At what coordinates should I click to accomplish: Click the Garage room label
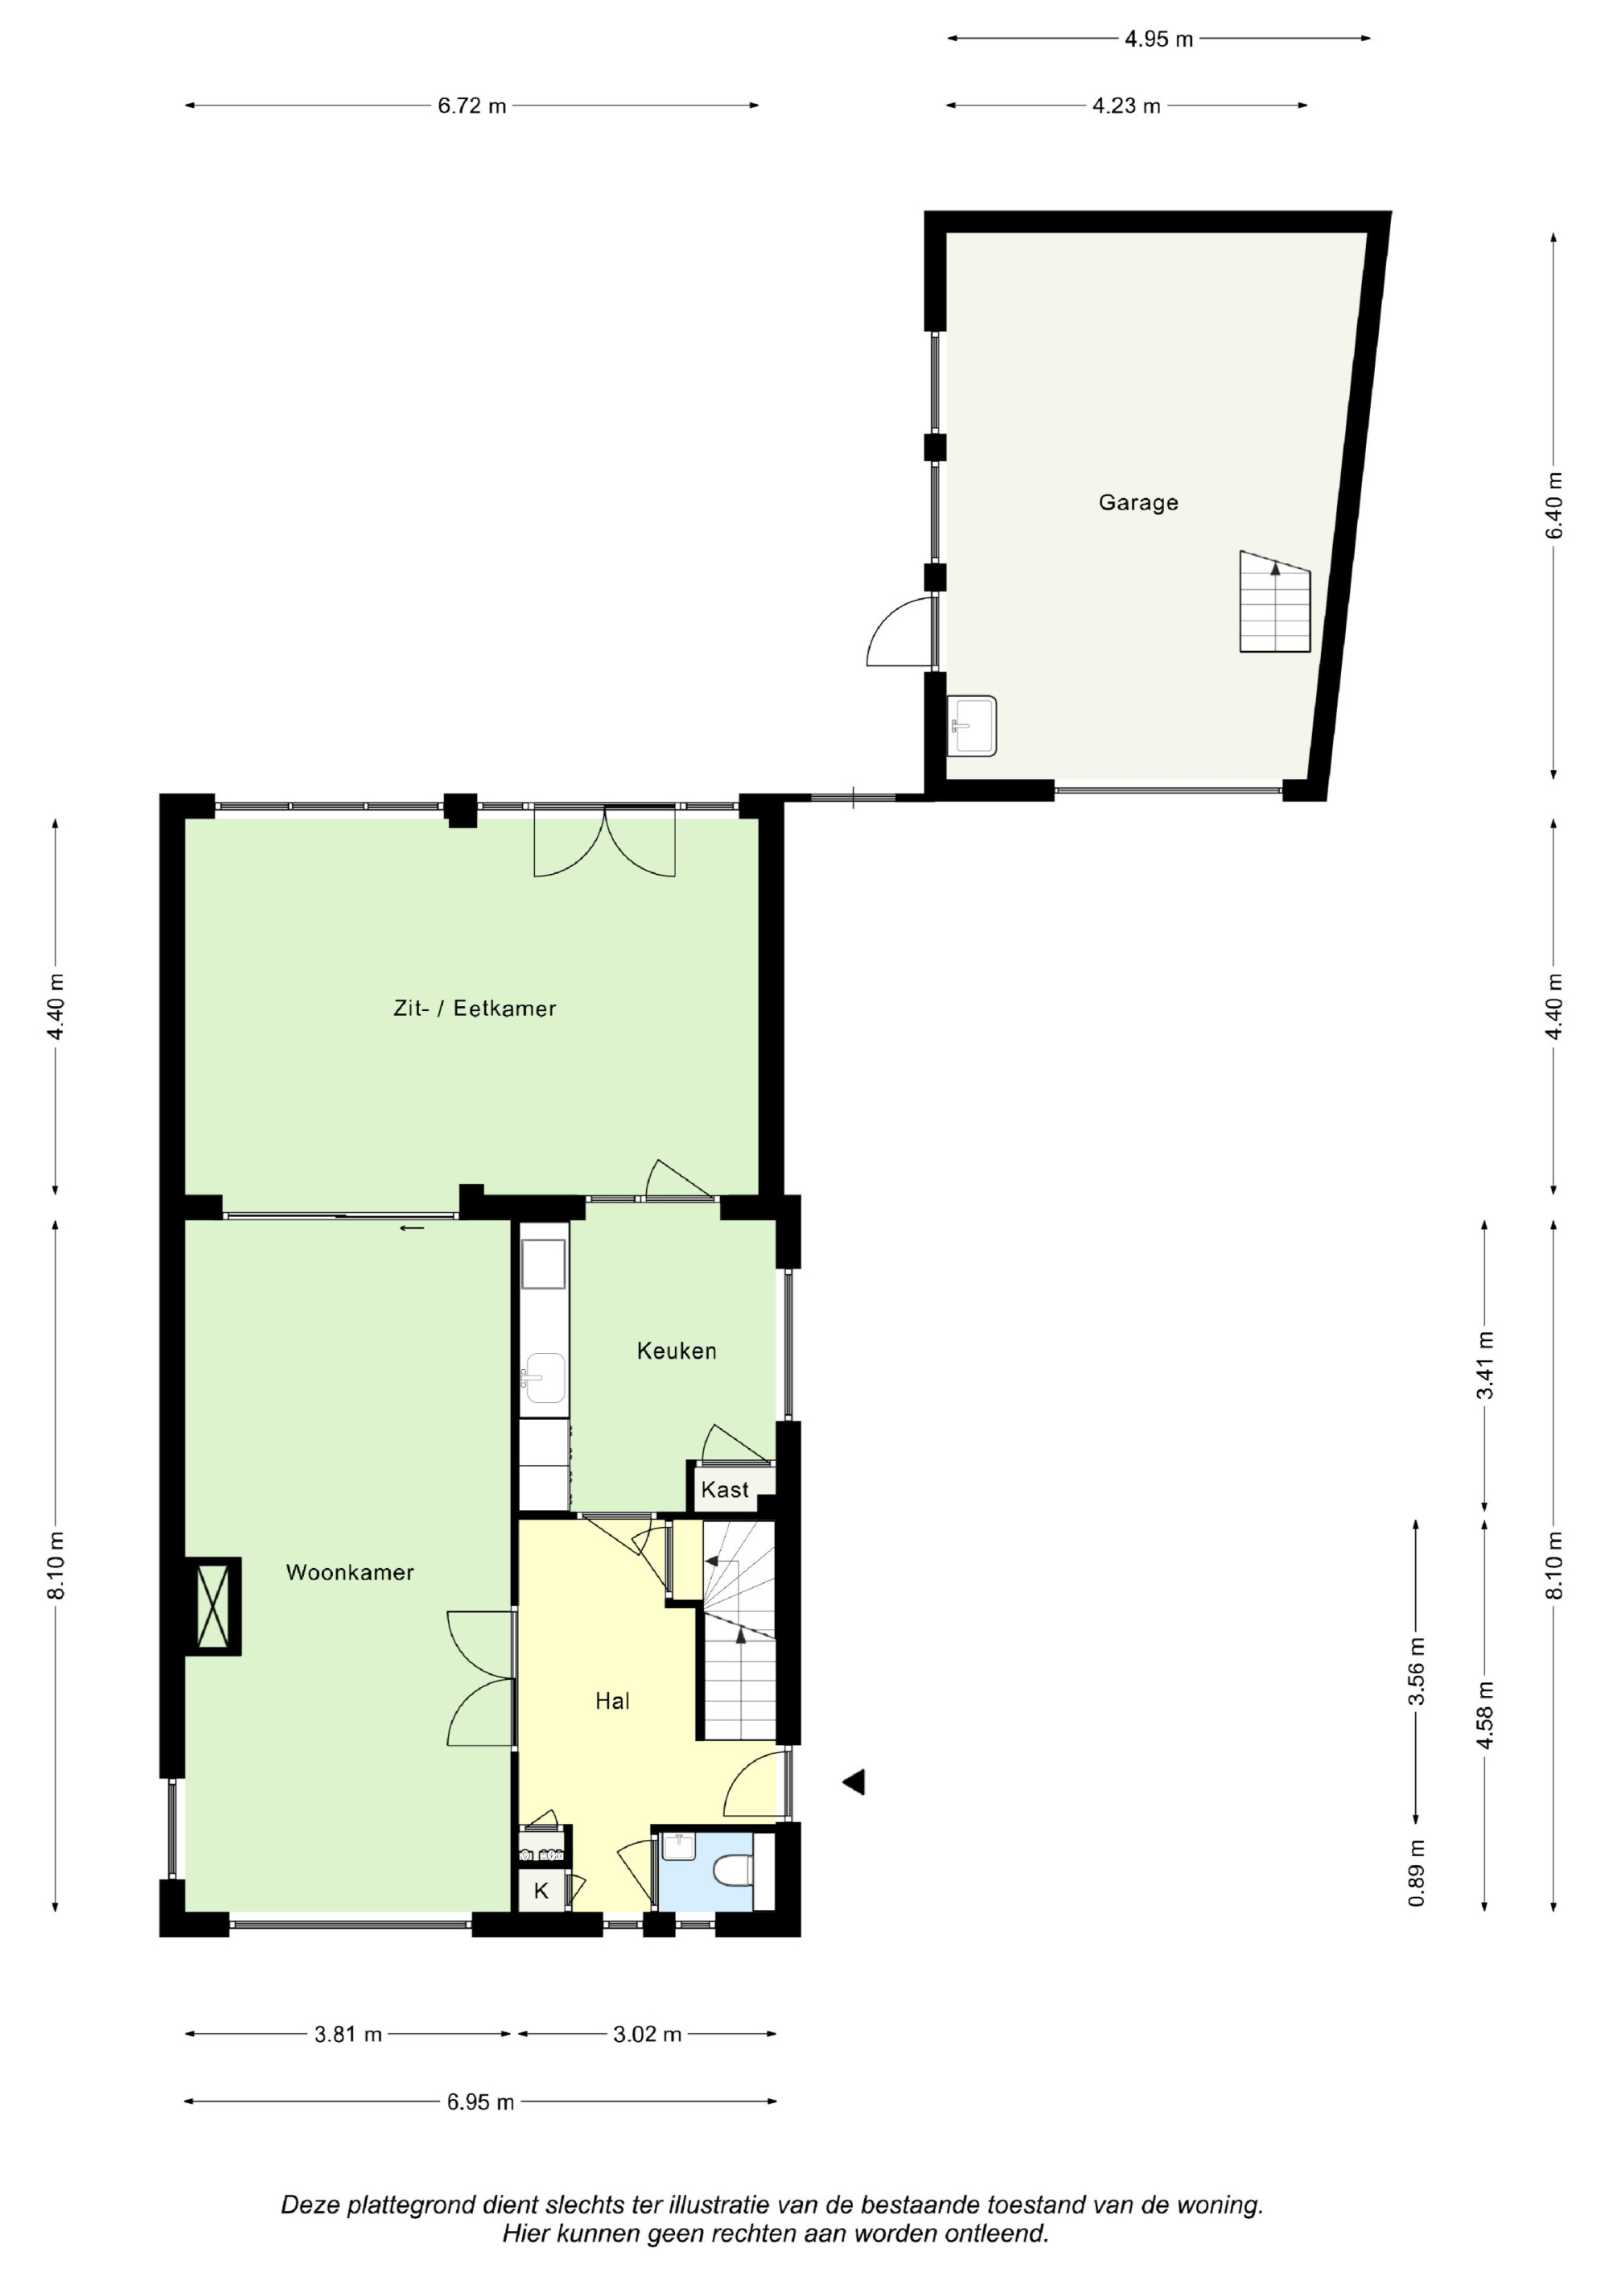[1138, 503]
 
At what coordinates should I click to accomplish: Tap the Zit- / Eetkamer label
[475, 1009]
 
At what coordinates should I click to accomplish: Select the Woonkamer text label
[350, 1572]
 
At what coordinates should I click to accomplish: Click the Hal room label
[613, 1701]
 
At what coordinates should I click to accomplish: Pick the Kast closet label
[725, 1490]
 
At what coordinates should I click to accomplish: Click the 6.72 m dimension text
[472, 106]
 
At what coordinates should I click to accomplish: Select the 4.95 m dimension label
[1159, 39]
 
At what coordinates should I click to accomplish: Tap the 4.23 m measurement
[1126, 106]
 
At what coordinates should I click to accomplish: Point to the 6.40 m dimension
[1554, 505]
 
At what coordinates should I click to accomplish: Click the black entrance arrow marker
[854, 1782]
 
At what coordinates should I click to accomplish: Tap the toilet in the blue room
[733, 1871]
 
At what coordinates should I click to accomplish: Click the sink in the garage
[972, 726]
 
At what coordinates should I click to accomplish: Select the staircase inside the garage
[1275, 602]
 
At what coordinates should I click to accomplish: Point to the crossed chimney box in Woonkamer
[213, 1606]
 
